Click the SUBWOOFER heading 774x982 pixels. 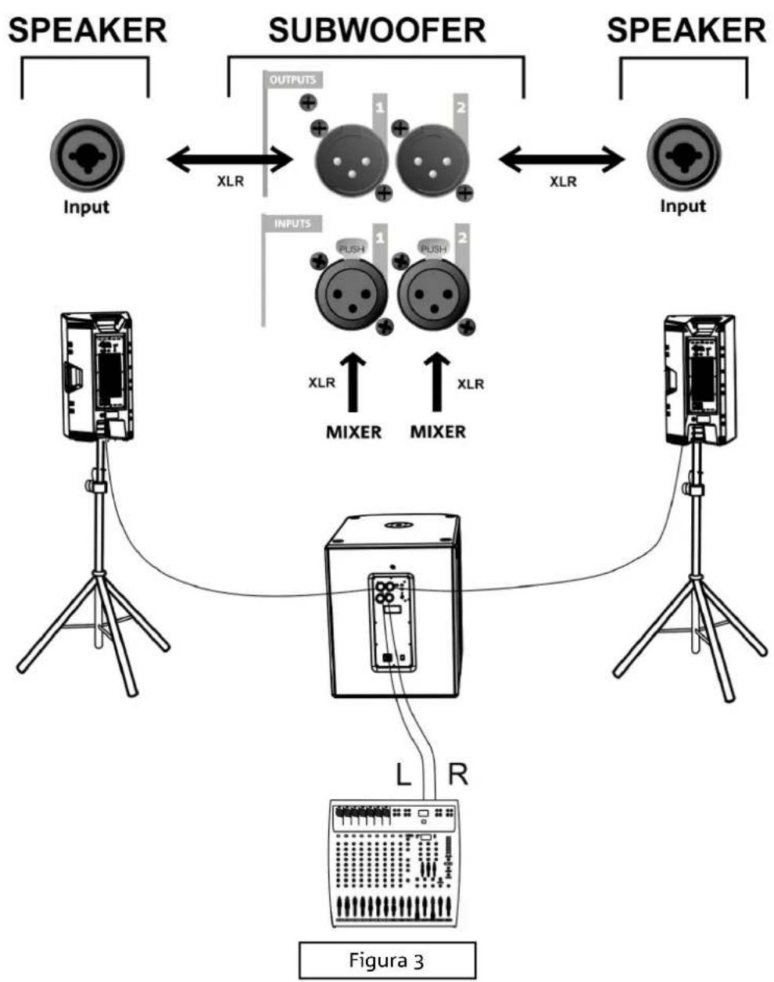pos(377,31)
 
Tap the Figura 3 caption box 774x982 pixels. pos(387,959)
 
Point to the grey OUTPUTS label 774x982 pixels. pos(292,80)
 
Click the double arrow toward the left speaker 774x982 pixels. pos(230,161)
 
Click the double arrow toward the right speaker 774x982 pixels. pos(562,161)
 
